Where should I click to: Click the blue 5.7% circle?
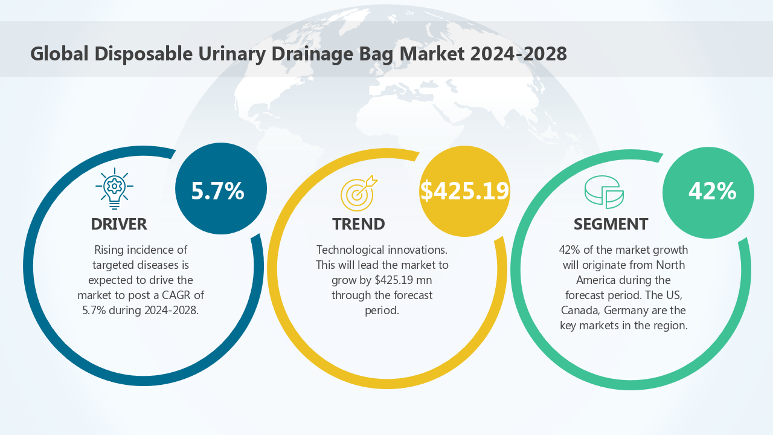pyautogui.click(x=220, y=189)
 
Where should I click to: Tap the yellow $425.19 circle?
pyautogui.click(x=464, y=191)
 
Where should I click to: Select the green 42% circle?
pyautogui.click(x=708, y=192)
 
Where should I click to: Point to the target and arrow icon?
pyautogui.click(x=358, y=193)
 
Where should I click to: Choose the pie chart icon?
pyautogui.click(x=604, y=192)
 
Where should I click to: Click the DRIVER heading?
pyautogui.click(x=119, y=224)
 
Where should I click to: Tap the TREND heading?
pyautogui.click(x=359, y=224)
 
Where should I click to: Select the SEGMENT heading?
pyautogui.click(x=611, y=224)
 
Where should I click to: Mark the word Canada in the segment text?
pyautogui.click(x=580, y=310)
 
